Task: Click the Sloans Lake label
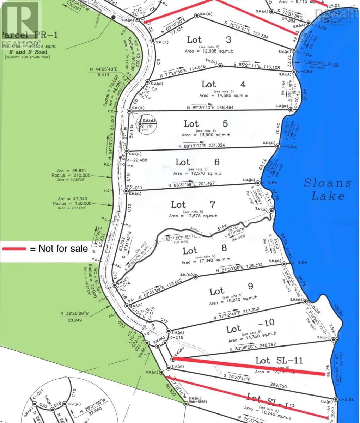click(328, 189)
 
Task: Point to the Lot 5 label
click(201, 124)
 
